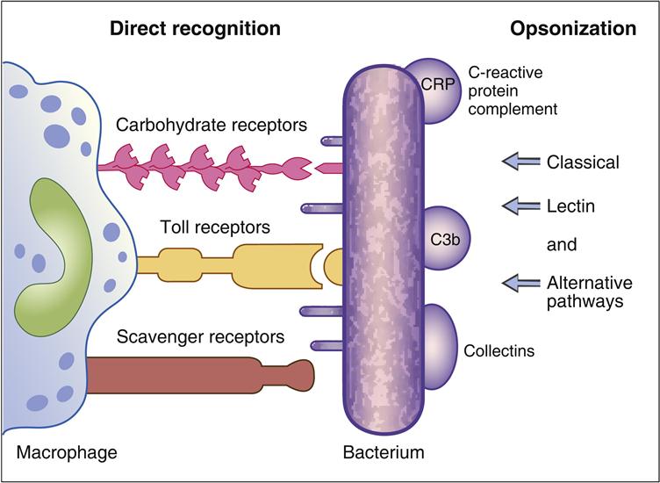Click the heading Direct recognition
194,28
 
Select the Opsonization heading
573,28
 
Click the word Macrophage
66,453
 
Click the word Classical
583,162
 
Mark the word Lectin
570,206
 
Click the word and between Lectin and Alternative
562,245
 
